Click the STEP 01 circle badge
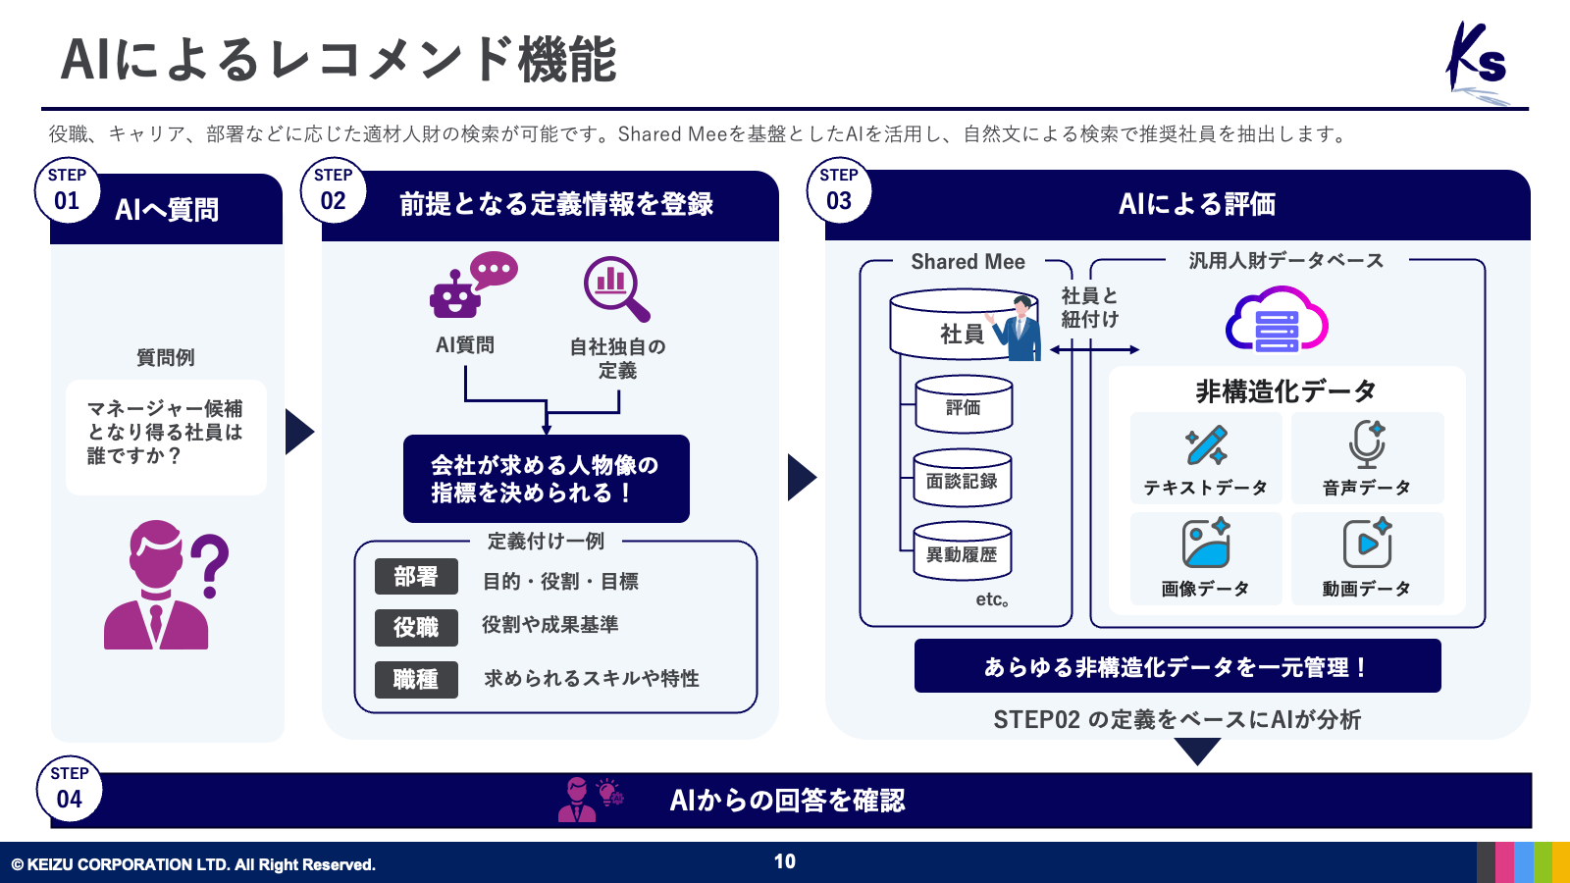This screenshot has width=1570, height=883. (x=67, y=190)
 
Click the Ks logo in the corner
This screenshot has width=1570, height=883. (x=1478, y=61)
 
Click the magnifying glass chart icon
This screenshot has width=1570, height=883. (x=616, y=288)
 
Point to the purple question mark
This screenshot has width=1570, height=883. (x=210, y=565)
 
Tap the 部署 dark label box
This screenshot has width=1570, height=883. (x=416, y=577)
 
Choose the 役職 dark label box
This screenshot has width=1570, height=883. (x=416, y=628)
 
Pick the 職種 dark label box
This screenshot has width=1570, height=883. (x=416, y=679)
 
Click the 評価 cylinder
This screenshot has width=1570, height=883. (x=964, y=405)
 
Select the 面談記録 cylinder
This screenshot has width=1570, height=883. (x=963, y=479)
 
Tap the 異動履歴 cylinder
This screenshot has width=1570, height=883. (x=963, y=552)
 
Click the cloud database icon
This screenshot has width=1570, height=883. (x=1277, y=321)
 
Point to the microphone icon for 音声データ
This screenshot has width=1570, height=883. (x=1367, y=444)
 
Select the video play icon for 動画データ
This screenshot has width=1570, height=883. (x=1367, y=543)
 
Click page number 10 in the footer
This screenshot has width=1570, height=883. (x=785, y=861)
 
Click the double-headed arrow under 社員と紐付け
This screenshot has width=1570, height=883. (x=1094, y=349)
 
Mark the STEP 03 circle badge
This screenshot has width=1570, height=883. (x=839, y=190)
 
